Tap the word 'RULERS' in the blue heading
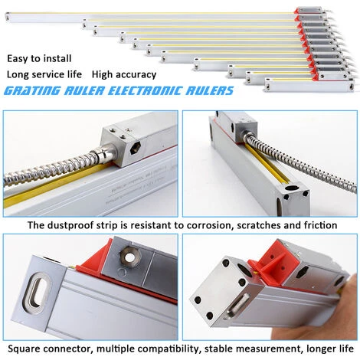[208, 92]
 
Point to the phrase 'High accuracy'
[123, 75]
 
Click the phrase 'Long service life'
[44, 75]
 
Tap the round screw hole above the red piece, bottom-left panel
[129, 257]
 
